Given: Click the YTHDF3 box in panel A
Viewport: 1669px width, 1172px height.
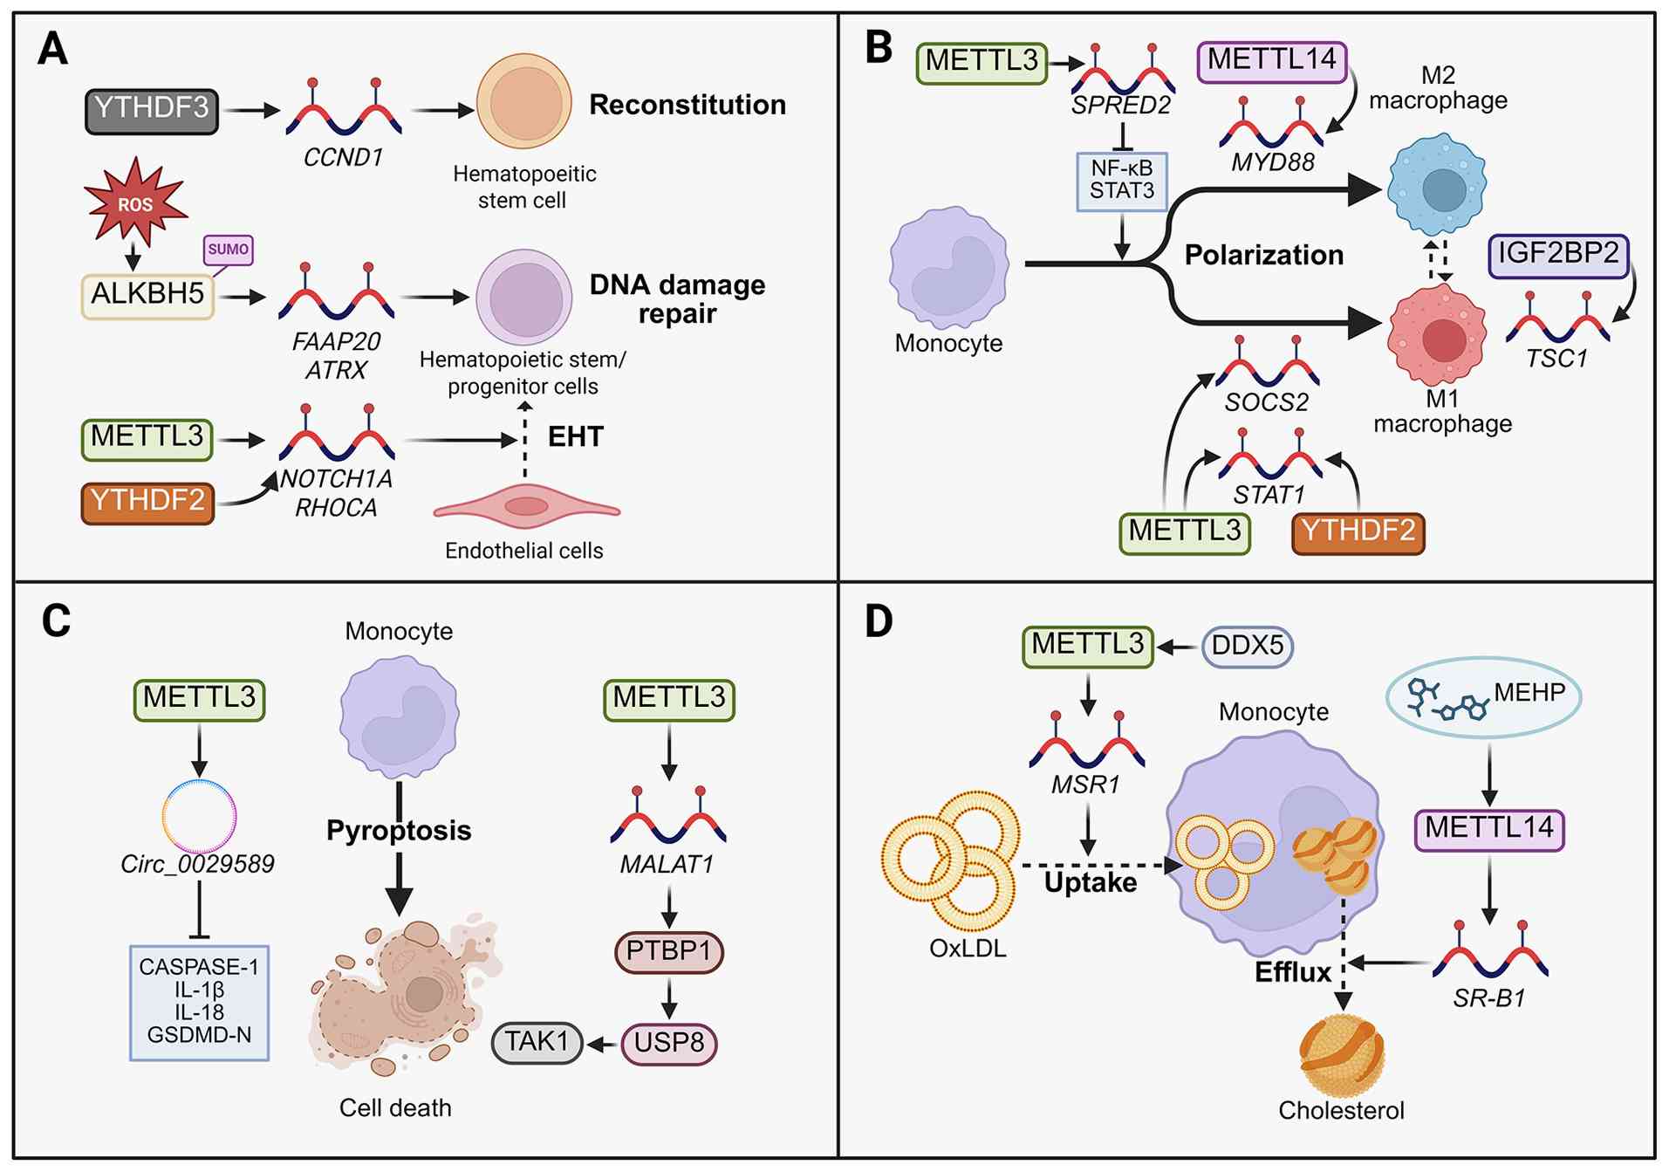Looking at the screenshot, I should click(151, 110).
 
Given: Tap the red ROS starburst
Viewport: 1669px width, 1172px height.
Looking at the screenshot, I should click(135, 202).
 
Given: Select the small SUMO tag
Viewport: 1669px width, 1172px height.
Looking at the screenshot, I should click(228, 250).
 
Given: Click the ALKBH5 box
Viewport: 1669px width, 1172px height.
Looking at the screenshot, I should click(147, 295).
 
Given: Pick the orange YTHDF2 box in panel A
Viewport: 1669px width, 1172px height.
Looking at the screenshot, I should click(147, 502).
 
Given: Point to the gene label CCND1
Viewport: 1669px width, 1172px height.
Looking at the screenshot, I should click(343, 157).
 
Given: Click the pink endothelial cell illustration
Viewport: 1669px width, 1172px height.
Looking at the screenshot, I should click(526, 506).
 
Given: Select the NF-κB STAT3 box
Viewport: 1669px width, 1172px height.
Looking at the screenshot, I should click(1122, 181).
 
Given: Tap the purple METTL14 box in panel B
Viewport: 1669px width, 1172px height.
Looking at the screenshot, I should click(1271, 61).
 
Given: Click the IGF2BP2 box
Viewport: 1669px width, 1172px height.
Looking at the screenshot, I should click(1558, 255).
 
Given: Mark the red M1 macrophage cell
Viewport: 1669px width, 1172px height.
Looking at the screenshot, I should click(1437, 336).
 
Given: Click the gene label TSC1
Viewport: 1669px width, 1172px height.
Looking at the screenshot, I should click(1556, 358).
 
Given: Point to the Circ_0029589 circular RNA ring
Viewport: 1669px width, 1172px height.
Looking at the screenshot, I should click(199, 816).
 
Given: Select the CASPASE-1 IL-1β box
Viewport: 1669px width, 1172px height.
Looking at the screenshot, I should click(199, 1002).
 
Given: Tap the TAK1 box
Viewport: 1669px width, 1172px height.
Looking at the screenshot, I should click(537, 1042).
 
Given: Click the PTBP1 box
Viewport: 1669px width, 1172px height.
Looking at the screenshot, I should click(669, 951).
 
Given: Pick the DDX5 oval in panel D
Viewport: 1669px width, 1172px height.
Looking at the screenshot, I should click(1247, 647).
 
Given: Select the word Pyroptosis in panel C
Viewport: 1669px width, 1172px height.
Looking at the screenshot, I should click(399, 830).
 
